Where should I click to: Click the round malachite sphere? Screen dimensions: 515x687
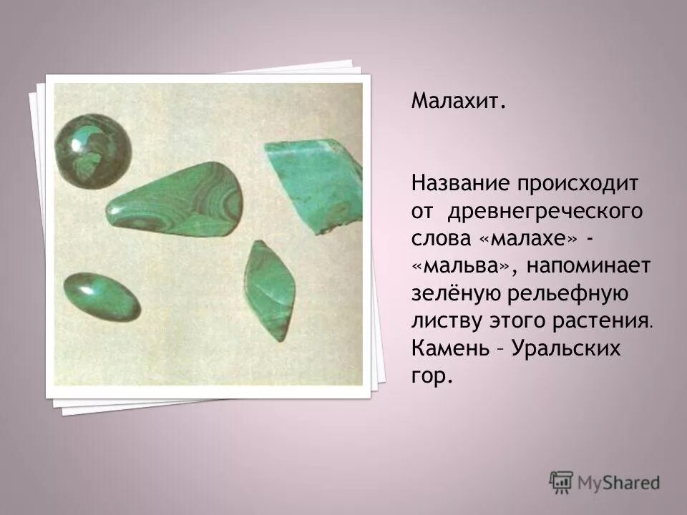(93, 150)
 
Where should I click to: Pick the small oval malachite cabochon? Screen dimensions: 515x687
(101, 296)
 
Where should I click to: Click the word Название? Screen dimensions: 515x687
(457, 184)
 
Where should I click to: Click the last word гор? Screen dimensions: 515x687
(432, 376)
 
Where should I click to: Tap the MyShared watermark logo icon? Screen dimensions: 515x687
(561, 482)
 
